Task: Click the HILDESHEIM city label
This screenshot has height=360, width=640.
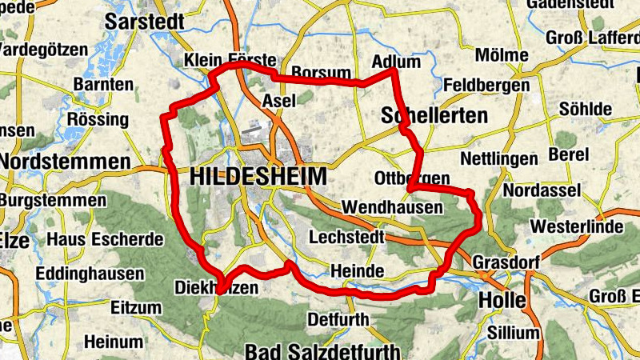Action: pyautogui.click(x=259, y=177)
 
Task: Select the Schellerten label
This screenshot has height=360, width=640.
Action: pyautogui.click(x=434, y=115)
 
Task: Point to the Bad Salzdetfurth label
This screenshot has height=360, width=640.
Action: pyautogui.click(x=326, y=350)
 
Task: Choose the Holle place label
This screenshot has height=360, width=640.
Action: pyautogui.click(x=502, y=301)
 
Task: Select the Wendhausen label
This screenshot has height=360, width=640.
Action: pyautogui.click(x=392, y=207)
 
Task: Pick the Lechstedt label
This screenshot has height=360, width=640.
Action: pyautogui.click(x=346, y=238)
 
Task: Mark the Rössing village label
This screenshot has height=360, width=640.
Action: pyautogui.click(x=98, y=120)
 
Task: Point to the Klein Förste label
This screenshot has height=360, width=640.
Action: pyautogui.click(x=229, y=60)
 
